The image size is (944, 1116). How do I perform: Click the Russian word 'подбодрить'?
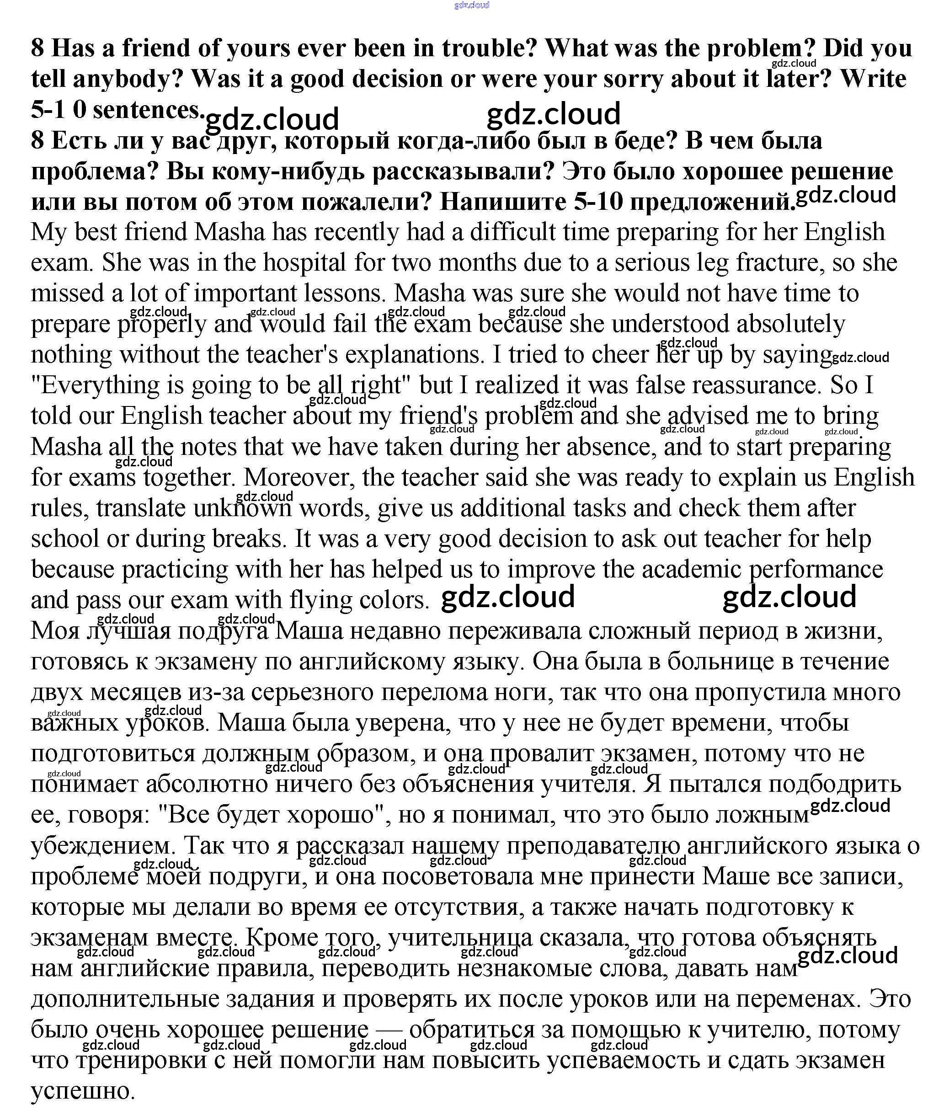[835, 784]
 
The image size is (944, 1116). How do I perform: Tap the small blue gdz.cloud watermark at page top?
[471, 5]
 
